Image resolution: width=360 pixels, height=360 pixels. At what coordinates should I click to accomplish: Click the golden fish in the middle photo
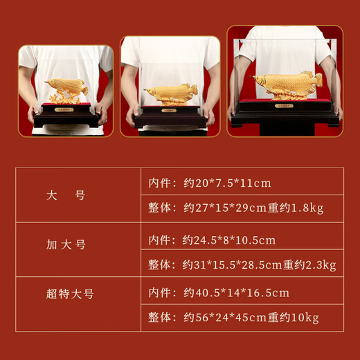(170, 93)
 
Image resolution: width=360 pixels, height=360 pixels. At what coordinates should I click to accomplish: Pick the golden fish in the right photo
(286, 84)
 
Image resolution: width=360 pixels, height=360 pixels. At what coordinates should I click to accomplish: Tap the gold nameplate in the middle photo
(170, 109)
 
